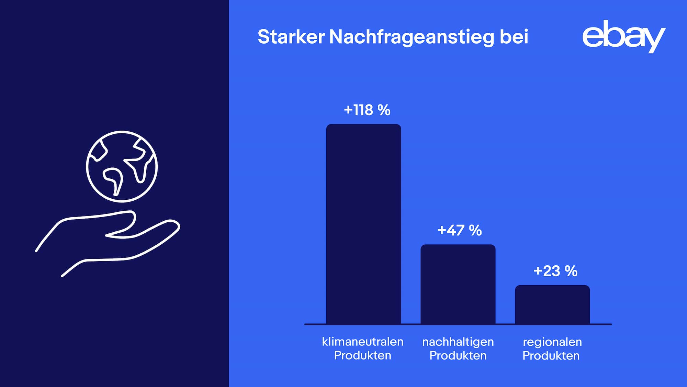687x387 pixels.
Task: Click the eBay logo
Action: (623, 36)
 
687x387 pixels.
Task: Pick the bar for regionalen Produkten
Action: (552, 305)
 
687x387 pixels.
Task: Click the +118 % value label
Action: (367, 110)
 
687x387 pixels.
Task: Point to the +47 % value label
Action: (459, 230)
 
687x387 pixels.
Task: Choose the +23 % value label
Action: (555, 271)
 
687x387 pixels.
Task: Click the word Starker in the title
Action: (291, 36)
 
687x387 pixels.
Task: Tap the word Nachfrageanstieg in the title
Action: (412, 37)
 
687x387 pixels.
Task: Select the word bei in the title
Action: (514, 36)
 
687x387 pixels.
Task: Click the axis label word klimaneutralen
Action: (362, 342)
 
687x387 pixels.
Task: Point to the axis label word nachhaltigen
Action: (458, 342)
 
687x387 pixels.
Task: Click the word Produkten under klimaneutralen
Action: (362, 355)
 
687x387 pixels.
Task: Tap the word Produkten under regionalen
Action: (551, 356)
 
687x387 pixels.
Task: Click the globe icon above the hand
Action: (122, 166)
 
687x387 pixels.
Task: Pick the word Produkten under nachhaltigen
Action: (458, 356)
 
